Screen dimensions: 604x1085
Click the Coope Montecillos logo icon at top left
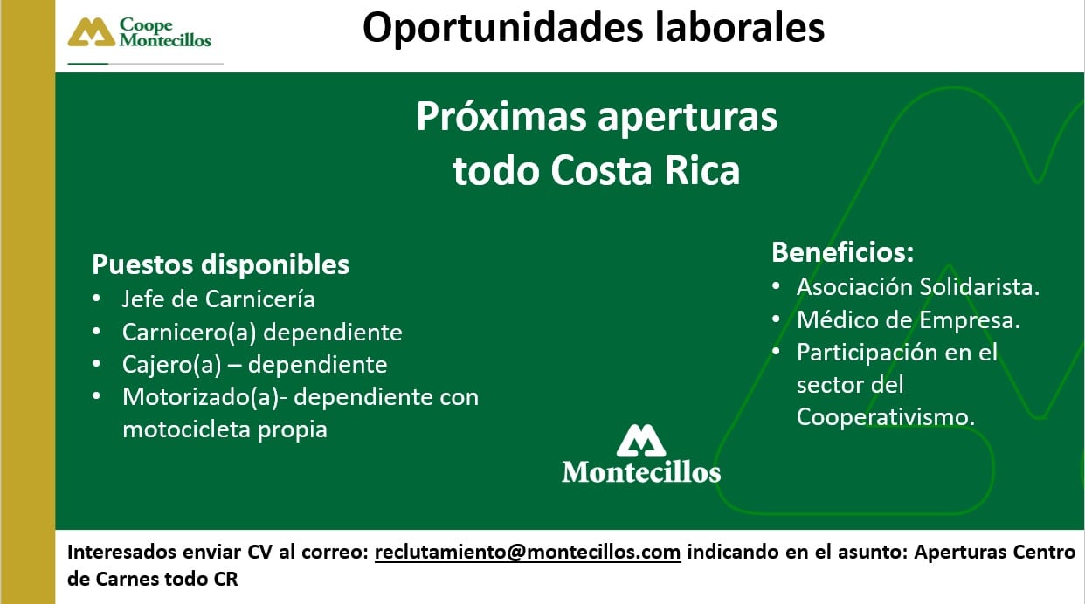[92, 32]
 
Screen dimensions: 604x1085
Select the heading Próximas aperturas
[596, 118]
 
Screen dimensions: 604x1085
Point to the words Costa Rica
[645, 171]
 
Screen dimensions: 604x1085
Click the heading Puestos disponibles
[220, 264]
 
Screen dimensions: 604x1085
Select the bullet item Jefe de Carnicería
[218, 299]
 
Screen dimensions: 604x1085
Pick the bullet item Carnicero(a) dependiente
[262, 333]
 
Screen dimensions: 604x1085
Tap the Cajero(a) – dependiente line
[254, 365]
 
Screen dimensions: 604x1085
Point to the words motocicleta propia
[225, 429]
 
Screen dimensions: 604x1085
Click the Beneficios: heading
[842, 253]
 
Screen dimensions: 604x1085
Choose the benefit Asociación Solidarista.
[918, 287]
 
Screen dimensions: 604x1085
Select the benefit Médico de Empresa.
[909, 320]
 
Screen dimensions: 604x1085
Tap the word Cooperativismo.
[885, 417]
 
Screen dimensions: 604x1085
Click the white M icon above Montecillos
[641, 442]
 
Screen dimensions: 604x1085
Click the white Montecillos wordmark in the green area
[641, 472]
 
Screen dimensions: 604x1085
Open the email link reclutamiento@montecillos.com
[528, 553]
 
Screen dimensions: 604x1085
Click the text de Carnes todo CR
[153, 579]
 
